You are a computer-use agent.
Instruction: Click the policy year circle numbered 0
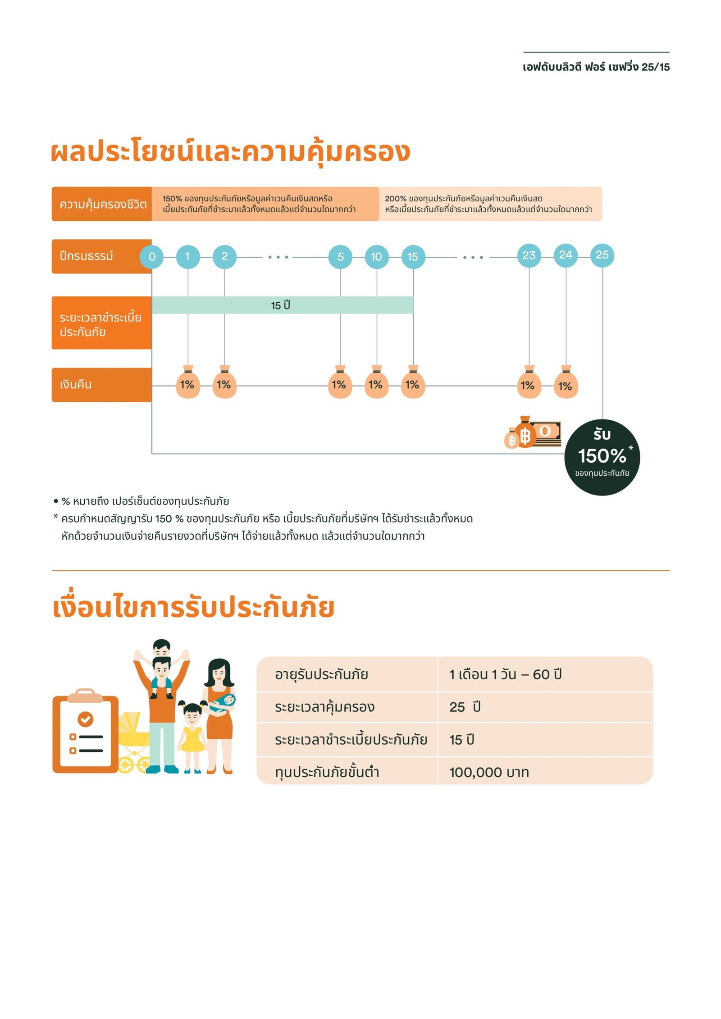tap(152, 256)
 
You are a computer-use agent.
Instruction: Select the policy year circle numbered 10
tap(376, 256)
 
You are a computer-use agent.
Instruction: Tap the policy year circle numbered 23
tap(529, 255)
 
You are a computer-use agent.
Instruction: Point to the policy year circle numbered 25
tap(602, 255)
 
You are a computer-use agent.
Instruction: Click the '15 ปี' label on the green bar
tap(280, 305)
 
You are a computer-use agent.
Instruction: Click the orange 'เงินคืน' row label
tap(101, 384)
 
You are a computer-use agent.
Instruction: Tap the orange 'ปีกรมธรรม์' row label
tap(101, 256)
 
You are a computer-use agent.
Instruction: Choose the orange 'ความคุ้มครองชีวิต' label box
tap(102, 204)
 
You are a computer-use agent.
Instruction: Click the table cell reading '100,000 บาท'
tap(489, 772)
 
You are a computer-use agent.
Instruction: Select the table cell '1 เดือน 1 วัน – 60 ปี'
tap(505, 674)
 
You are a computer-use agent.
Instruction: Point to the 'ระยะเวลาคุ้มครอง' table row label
tap(324, 707)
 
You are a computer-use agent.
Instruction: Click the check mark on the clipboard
tap(86, 719)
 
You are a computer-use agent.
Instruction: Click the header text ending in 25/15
tap(596, 67)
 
